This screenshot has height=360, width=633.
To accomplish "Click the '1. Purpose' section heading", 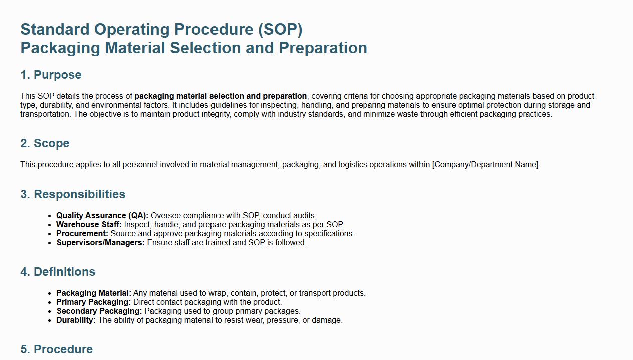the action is (x=51, y=75).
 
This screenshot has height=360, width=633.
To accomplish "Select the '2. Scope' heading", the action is (x=45, y=144).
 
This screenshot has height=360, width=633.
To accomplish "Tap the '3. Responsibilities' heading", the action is (x=73, y=194).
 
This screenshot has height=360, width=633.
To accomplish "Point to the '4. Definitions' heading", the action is (x=58, y=272).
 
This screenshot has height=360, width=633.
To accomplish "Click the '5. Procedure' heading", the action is (x=57, y=349).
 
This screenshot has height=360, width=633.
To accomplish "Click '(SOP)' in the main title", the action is (x=280, y=30).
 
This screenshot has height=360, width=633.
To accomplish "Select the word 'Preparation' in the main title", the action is (x=323, y=48).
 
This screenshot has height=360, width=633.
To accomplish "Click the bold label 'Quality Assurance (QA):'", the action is (x=102, y=216).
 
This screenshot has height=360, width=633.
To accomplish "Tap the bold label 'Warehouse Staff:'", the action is (x=89, y=225).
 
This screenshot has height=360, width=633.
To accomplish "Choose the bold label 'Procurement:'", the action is (x=82, y=234).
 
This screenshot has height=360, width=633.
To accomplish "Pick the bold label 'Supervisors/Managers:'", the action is (x=101, y=243).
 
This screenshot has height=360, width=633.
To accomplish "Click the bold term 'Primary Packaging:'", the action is (x=94, y=302).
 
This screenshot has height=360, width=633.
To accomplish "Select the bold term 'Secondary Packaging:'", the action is (x=99, y=311).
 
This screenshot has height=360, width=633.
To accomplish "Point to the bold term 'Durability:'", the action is (x=76, y=320).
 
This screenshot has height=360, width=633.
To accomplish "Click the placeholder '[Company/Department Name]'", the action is (x=486, y=165).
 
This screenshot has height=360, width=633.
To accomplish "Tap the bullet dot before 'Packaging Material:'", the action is (x=50, y=294).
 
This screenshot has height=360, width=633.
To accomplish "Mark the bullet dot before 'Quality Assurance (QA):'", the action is (x=50, y=216).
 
